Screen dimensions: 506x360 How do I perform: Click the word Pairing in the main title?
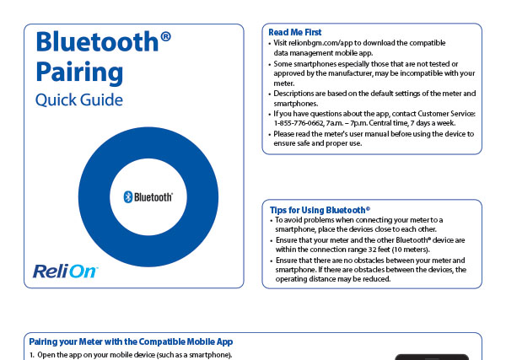pyautogui.click(x=79, y=73)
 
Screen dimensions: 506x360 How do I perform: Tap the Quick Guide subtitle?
pyautogui.click(x=79, y=99)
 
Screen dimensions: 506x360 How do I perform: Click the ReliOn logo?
pyautogui.click(x=65, y=271)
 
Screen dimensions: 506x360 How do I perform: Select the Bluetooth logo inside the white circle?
pyautogui.click(x=148, y=196)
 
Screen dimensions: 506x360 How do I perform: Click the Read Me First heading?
pyautogui.click(x=295, y=32)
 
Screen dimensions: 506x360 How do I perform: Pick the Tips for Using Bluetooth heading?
pyautogui.click(x=320, y=210)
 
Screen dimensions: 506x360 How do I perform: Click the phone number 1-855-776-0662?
pyautogui.click(x=299, y=123)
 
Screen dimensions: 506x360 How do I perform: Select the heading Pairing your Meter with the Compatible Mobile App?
pyautogui.click(x=131, y=341)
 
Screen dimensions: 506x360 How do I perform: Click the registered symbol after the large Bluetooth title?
pyautogui.click(x=165, y=36)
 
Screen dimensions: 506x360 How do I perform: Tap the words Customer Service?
pyautogui.click(x=446, y=114)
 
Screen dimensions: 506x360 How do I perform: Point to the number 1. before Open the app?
pyautogui.click(x=32, y=355)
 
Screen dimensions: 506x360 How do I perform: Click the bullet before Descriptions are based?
pyautogui.click(x=270, y=94)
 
